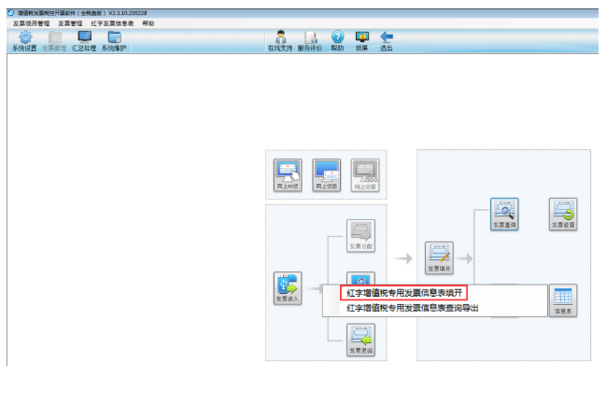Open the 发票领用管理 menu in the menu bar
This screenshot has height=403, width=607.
tap(32, 22)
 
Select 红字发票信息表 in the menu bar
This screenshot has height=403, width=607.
tap(112, 22)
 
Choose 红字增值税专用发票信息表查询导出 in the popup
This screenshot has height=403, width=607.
tap(412, 307)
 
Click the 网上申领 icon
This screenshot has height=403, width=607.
tap(288, 174)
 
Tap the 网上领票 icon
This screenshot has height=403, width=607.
tap(326, 174)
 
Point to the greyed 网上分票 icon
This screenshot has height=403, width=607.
tap(365, 174)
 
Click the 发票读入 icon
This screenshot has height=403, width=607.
tap(288, 288)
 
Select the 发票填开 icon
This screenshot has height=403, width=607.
tap(440, 256)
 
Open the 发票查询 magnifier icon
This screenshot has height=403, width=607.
tap(504, 213)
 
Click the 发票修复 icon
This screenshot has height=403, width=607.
tap(563, 213)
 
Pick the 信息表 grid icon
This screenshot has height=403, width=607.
tap(563, 299)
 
